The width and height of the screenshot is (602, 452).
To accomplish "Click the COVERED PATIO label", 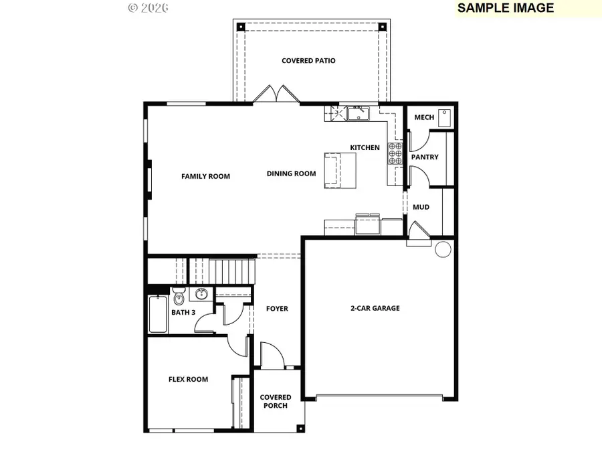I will pos(308,61).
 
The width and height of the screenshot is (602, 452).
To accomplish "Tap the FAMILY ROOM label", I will pos(205,177).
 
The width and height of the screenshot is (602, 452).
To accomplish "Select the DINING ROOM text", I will pos(291,174).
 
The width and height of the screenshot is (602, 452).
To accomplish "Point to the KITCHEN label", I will pos(365,147).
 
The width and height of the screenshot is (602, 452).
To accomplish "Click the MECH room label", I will pos(424,118).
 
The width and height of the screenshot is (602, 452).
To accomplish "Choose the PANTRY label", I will pos(425,157).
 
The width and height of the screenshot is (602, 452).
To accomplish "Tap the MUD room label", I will pos(421,208).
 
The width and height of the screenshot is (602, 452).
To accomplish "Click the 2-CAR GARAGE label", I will pos(375,309).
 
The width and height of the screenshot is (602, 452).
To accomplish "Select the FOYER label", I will pos(277,309).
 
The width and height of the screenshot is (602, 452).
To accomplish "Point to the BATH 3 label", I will pos(183,313).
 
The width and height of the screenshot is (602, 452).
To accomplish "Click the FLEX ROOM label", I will pos(188,380).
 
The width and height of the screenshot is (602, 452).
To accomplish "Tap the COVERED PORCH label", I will pos(276,402).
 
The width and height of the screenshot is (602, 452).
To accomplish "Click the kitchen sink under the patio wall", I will pos(358,113).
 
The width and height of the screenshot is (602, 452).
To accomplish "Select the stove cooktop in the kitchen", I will pos(395,154).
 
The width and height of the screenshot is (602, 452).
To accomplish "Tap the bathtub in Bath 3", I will pos(158,314).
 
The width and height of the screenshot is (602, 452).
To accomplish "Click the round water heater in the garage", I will pos(442,250).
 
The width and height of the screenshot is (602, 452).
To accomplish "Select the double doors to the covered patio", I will pos(276,94).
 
